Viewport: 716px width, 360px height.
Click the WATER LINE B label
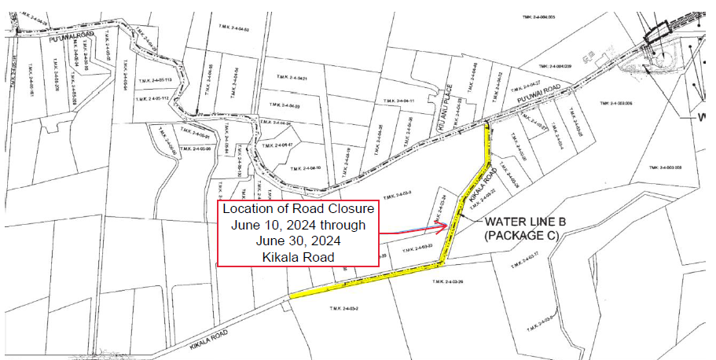coord(525,222)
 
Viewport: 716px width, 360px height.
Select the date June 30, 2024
coord(298,241)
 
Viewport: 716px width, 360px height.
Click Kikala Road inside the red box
coord(298,257)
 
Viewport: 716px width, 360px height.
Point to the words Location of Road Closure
coord(298,209)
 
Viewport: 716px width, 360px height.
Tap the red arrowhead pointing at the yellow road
coord(442,226)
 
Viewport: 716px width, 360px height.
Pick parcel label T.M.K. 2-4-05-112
coord(152,100)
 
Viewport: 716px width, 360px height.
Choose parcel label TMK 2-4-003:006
coord(616,103)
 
